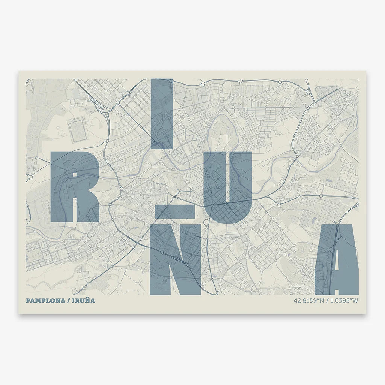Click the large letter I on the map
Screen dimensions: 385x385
[x=162, y=113]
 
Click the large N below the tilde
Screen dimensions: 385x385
[x=175, y=259]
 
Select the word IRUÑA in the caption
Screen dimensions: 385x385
[x=85, y=301]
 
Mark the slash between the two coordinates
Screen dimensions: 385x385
[x=327, y=301]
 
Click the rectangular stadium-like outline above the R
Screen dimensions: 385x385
[x=78, y=130]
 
